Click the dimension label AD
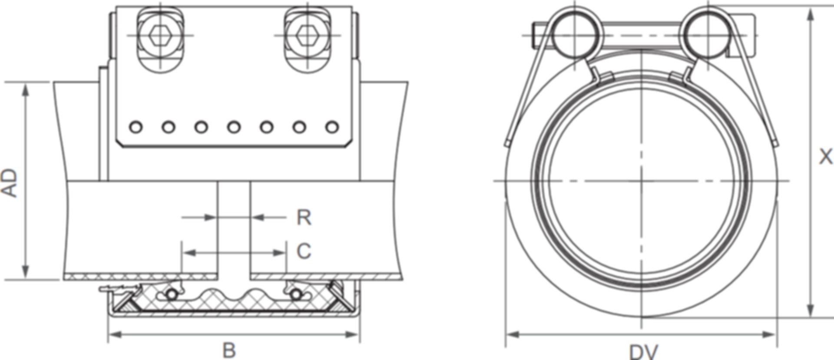click(10, 183)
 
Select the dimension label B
click(229, 350)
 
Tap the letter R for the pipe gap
click(304, 218)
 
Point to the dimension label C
click(304, 251)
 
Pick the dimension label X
click(825, 157)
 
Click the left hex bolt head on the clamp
click(160, 35)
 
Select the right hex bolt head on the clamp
click(307, 35)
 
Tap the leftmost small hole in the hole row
click(136, 127)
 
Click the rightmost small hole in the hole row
click(332, 127)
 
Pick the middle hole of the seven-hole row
click(234, 127)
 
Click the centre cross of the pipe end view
click(642, 180)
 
